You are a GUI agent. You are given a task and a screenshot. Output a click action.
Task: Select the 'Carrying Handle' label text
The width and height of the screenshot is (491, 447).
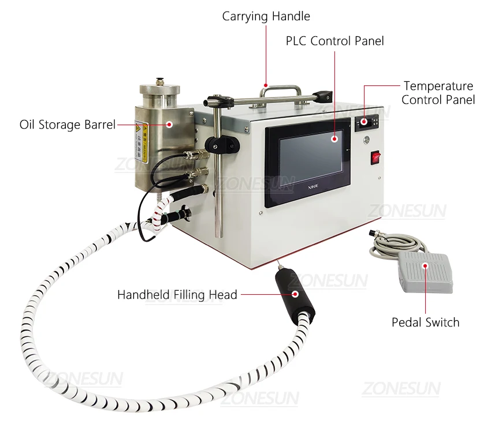pos(266,16)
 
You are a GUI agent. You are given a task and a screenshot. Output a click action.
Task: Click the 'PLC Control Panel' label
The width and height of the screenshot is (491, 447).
pos(335,41)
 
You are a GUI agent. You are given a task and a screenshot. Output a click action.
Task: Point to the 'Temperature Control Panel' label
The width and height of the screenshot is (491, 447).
pos(438,93)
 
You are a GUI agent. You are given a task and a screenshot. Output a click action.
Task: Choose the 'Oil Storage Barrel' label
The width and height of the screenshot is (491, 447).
pos(68,125)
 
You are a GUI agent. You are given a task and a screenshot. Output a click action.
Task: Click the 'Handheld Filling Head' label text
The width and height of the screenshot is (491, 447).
pos(177,295)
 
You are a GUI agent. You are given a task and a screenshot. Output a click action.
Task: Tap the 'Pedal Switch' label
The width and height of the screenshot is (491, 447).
pos(425,322)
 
